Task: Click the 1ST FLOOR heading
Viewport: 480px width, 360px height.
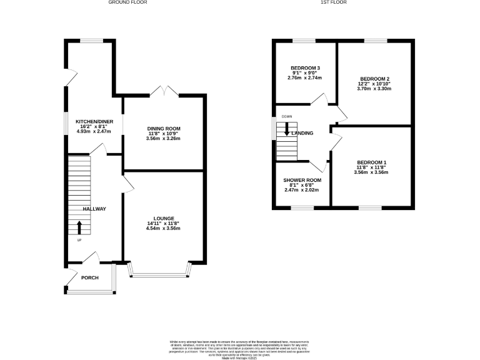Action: pyautogui.click(x=333, y=2)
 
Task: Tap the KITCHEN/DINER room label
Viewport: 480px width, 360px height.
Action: pyautogui.click(x=93, y=121)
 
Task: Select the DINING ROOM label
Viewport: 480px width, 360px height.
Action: pyautogui.click(x=163, y=129)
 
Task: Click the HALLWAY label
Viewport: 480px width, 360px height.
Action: pyautogui.click(x=95, y=209)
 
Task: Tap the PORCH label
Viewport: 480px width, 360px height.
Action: pyautogui.click(x=90, y=277)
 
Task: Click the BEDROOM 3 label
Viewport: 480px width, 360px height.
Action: pyautogui.click(x=305, y=67)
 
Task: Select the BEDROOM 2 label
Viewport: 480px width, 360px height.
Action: pyautogui.click(x=374, y=79)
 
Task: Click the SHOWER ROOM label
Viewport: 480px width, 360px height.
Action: pyautogui.click(x=302, y=180)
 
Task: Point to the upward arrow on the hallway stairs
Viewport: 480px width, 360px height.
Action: pyautogui.click(x=79, y=227)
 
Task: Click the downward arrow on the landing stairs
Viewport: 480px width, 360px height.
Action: pyautogui.click(x=287, y=129)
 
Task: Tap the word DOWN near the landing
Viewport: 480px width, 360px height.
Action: pyautogui.click(x=286, y=117)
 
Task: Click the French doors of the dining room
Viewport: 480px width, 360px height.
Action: pyautogui.click(x=164, y=92)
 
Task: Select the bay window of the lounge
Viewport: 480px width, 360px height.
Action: pyautogui.click(x=159, y=272)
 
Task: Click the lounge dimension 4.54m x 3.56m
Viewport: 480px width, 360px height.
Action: pyautogui.click(x=163, y=229)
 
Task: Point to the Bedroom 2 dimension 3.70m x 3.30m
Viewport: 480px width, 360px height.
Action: pyautogui.click(x=374, y=89)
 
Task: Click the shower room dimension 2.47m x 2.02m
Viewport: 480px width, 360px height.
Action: pyautogui.click(x=302, y=190)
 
